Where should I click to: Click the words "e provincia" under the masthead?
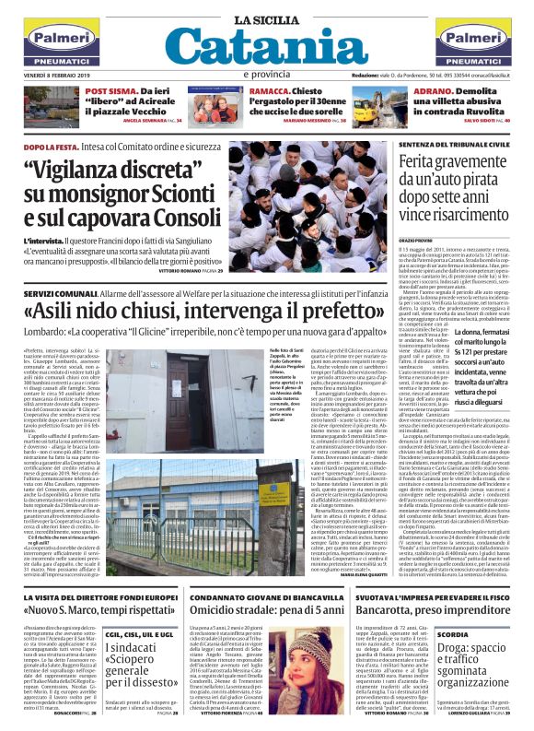(x=266, y=75)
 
